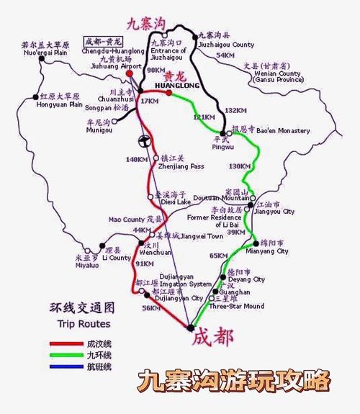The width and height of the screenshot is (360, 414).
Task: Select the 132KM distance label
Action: coord(235,111)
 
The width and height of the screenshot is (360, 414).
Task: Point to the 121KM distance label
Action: coord(204,117)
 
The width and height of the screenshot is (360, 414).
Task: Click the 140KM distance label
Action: coord(135,159)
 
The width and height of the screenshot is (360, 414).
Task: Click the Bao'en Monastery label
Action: coord(282,131)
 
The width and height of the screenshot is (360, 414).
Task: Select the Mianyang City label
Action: coord(272,251)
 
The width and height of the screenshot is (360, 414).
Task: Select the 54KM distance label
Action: coord(226,55)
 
